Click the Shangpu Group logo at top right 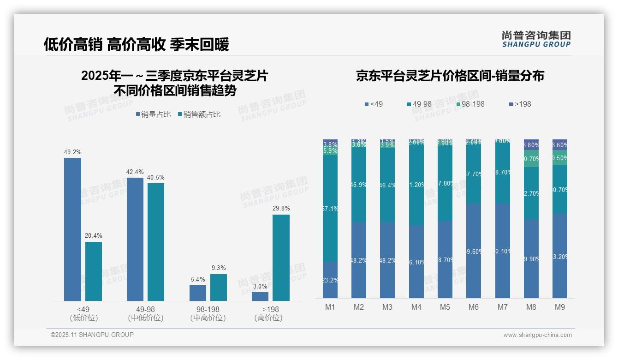tap(536, 39)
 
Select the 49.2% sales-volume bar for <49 tap(72, 229)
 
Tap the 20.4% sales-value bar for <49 tap(94, 271)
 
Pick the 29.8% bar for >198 tap(281, 258)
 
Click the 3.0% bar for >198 tap(260, 296)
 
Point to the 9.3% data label tap(219, 268)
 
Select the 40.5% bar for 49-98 tap(156, 242)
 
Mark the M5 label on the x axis tap(445, 307)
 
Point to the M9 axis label tap(560, 307)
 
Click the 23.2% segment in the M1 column tap(330, 280)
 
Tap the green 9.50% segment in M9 tap(560, 158)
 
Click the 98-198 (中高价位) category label tap(208, 313)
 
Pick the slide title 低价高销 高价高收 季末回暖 tap(136, 44)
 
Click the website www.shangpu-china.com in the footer tap(537, 335)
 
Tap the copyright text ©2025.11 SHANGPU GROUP tap(92, 335)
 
